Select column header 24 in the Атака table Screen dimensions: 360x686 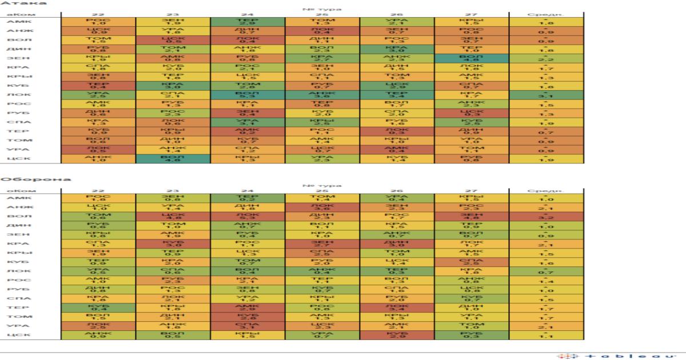[248, 14]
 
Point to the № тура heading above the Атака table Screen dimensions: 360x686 [322, 9]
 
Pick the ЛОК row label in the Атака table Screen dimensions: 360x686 [16, 95]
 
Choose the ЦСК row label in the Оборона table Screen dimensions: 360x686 [16, 335]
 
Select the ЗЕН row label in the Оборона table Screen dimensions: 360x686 [16, 234]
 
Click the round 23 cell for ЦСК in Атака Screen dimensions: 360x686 [173, 159]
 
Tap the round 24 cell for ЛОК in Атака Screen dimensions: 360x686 [248, 95]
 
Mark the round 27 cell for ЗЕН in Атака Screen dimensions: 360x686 [472, 58]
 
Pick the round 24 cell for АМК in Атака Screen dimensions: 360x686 [248, 22]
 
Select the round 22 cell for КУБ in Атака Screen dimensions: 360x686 [98, 86]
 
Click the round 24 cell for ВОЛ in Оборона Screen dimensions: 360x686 [248, 216]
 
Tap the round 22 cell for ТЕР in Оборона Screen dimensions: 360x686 [98, 307]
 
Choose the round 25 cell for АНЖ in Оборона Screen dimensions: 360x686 [322, 207]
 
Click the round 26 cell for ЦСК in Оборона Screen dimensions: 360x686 [397, 335]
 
